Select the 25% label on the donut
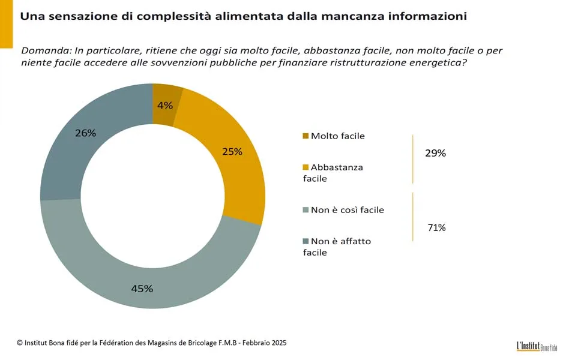point(232,152)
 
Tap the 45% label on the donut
point(142,289)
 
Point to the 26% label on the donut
point(86,133)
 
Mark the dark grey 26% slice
point(66,156)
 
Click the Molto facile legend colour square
point(306,136)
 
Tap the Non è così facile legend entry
point(347,210)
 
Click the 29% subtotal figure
point(435,153)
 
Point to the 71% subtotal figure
point(436,227)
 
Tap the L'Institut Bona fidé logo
point(536,346)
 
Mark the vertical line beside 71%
point(413,217)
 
